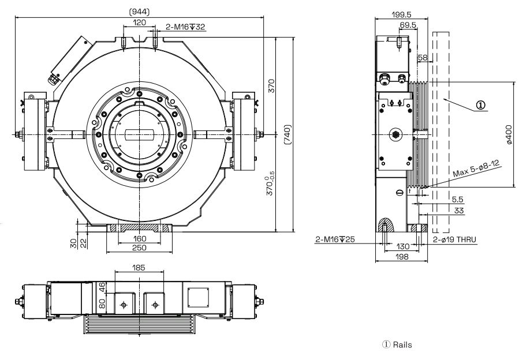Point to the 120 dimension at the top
(x=139, y=22)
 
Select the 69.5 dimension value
(x=408, y=25)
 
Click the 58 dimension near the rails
(x=423, y=58)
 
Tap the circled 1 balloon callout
(x=481, y=106)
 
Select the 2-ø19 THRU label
(x=454, y=238)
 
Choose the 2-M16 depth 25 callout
(x=335, y=238)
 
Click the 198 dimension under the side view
(x=402, y=257)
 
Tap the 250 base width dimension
(x=139, y=247)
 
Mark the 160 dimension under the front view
(x=139, y=238)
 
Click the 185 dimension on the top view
(x=139, y=268)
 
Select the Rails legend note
(x=401, y=346)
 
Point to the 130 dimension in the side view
(x=402, y=246)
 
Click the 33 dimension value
(x=460, y=211)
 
